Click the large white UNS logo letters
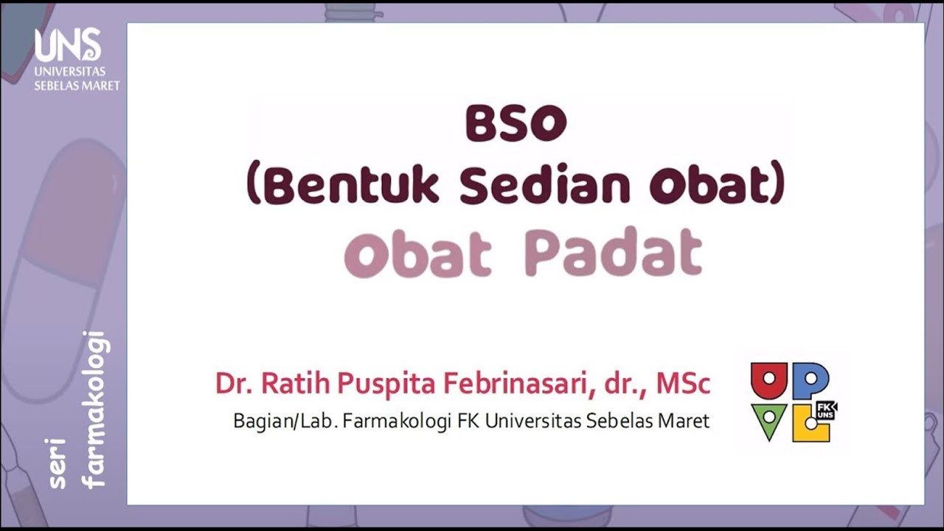tap(68, 45)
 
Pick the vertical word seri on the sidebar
tap(58, 464)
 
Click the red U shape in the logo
tap(769, 380)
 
